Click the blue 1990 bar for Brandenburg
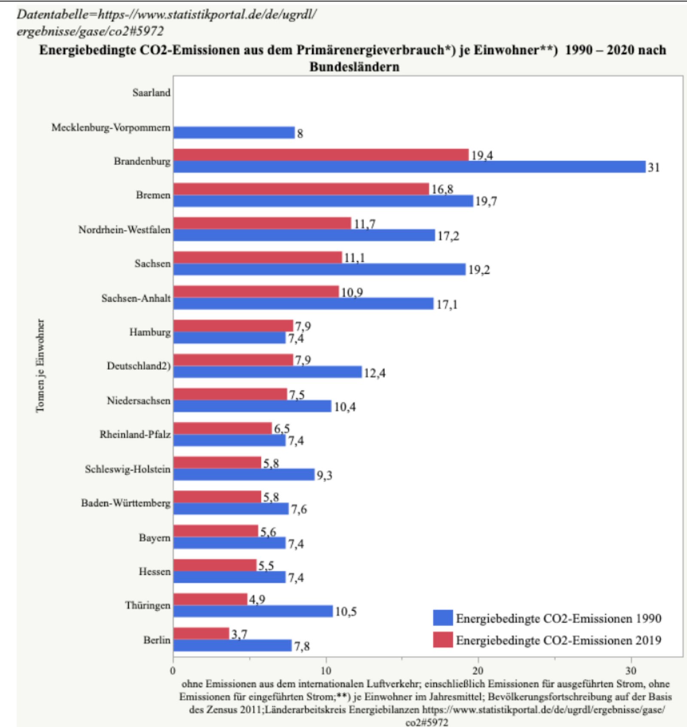pos(409,167)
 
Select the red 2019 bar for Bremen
pos(301,189)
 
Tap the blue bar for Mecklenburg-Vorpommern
pos(234,133)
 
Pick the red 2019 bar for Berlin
pos(201,633)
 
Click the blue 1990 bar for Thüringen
pos(253,611)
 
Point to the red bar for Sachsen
pos(258,257)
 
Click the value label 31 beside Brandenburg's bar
pos(654,167)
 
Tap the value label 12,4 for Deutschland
pos(374,373)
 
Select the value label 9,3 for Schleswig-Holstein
pos(324,475)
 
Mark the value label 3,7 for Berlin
pos(239,634)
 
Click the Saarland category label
pos(151,93)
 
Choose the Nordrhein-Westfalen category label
pos(124,230)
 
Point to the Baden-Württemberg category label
pos(125,503)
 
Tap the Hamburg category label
pos(150,332)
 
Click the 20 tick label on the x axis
pos(478,671)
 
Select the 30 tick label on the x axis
pos(630,671)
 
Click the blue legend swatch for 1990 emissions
pos(443,618)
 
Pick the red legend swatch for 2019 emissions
pos(443,640)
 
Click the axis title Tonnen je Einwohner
pos(40,365)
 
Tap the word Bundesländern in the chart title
pos(354,67)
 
